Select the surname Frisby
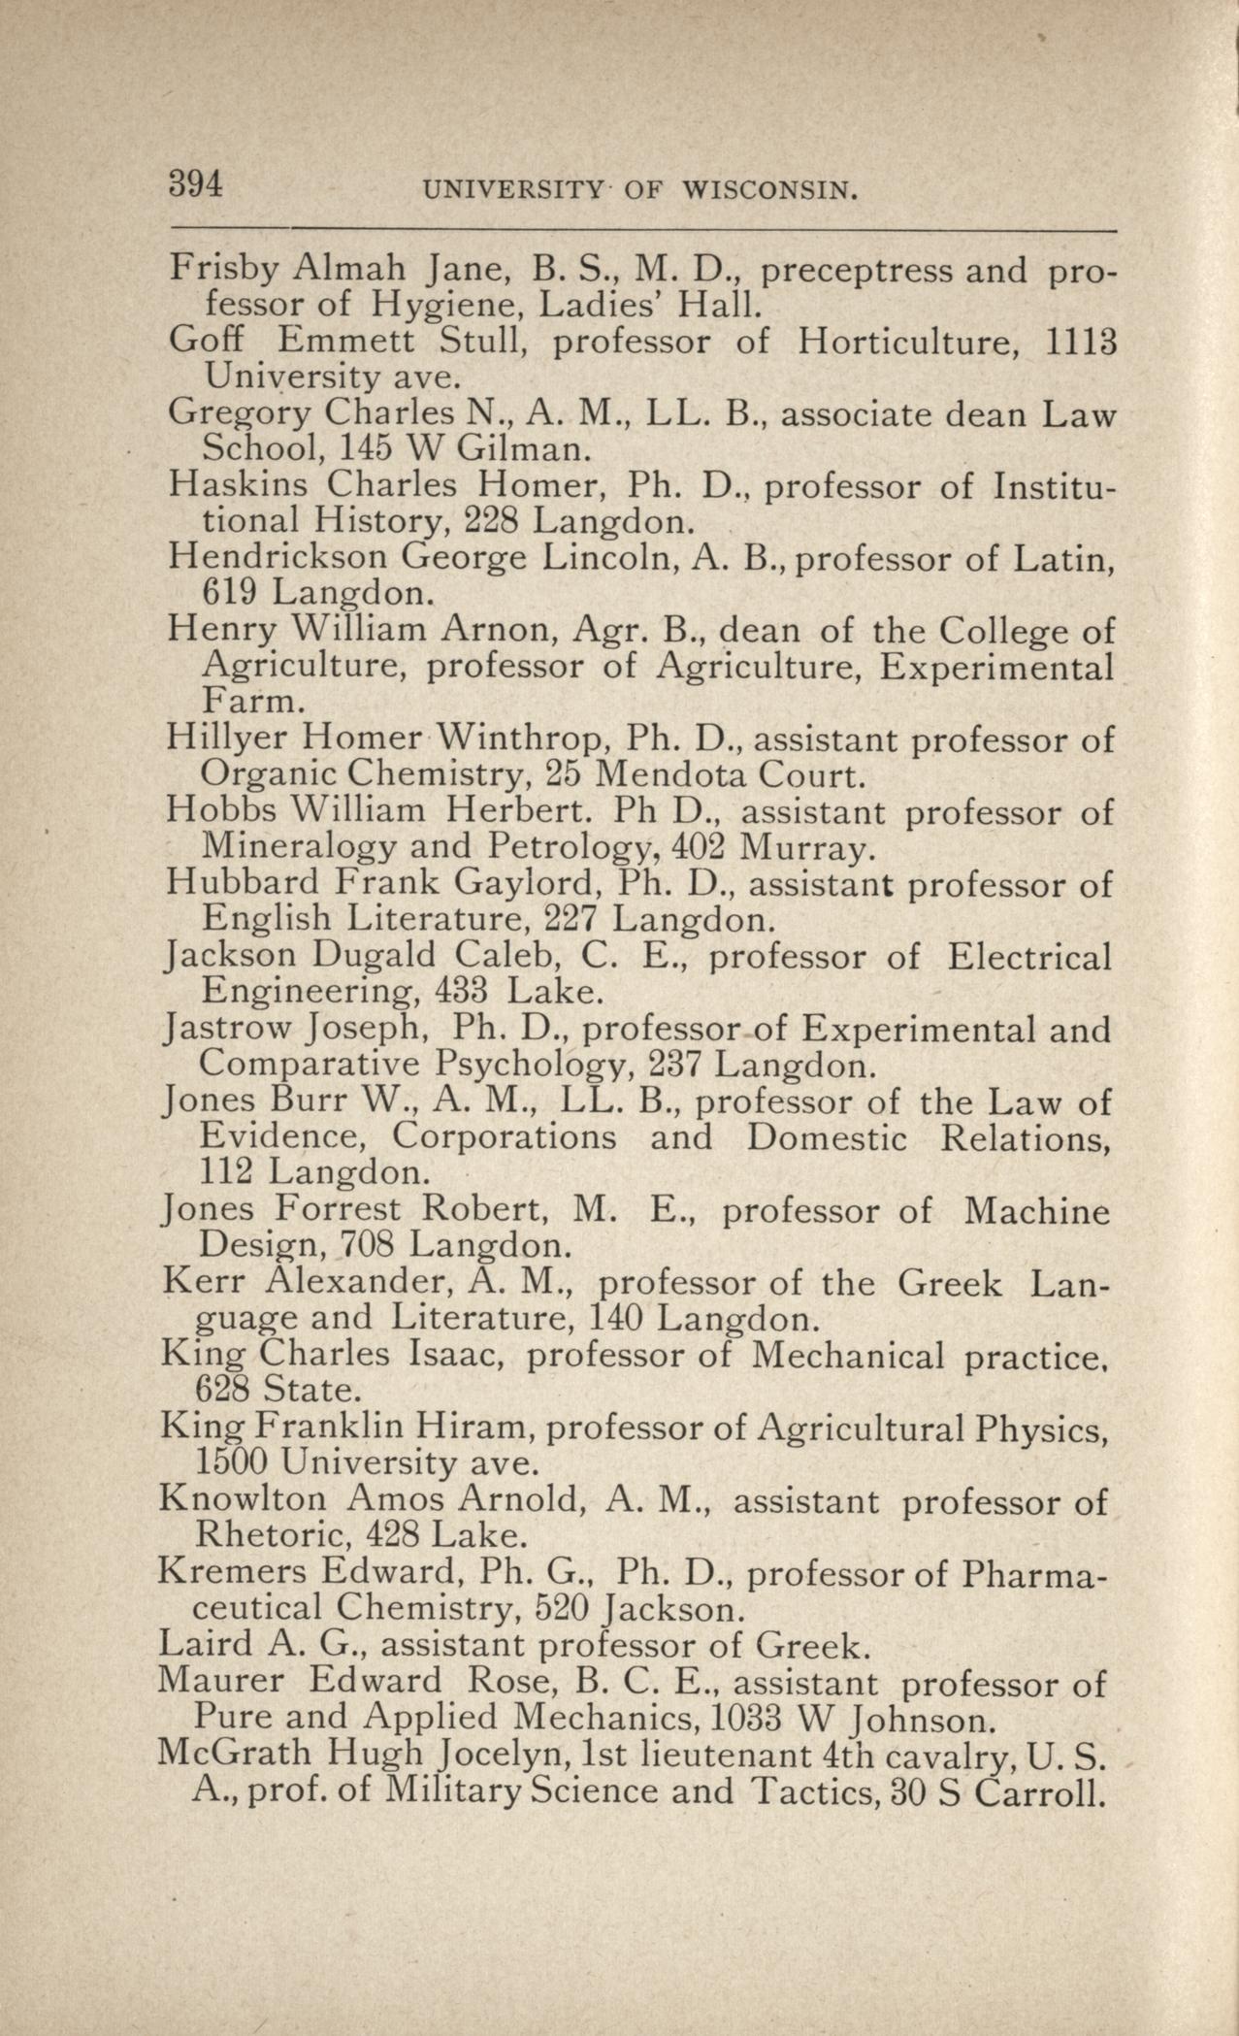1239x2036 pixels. coord(225,269)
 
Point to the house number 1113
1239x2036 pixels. coord(1079,341)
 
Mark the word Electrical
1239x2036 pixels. coord(1029,957)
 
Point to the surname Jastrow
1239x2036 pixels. coord(230,1029)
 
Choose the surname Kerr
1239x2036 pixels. coord(200,1283)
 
